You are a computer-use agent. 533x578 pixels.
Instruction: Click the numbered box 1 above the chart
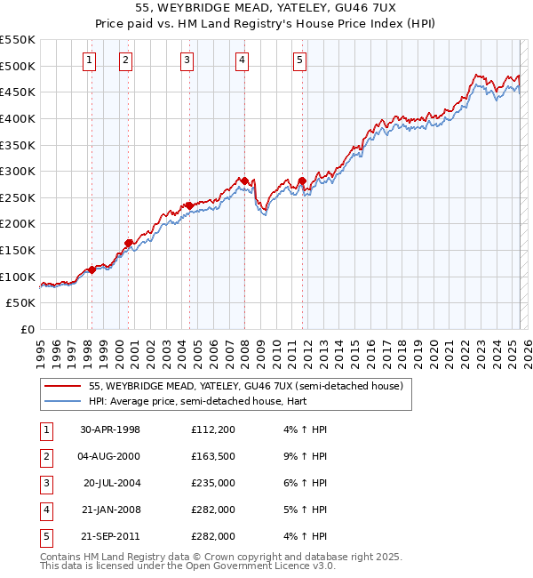coord(91,60)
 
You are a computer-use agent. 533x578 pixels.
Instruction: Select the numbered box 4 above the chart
coord(243,60)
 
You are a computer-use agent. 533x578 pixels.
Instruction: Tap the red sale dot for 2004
coord(189,205)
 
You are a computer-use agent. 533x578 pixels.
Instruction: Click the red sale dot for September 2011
coord(302,181)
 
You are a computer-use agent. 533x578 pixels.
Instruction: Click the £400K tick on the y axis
coord(17,118)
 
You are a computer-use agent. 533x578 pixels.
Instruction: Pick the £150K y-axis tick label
coord(17,250)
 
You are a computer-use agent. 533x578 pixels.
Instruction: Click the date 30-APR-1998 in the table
coord(110,430)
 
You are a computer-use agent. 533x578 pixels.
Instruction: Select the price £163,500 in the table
coord(212,457)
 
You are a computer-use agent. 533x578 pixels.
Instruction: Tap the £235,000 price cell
coord(212,484)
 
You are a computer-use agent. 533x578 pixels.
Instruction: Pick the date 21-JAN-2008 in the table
coord(110,510)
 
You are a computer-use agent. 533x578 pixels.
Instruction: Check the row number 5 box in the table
coord(45,537)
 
